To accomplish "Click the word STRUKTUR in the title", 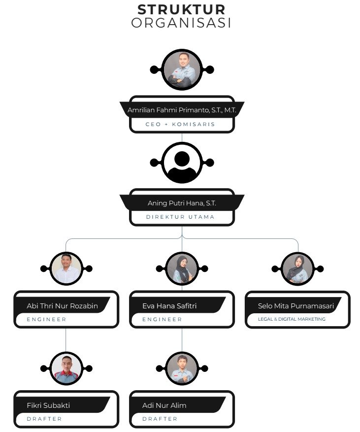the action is coord(182,10).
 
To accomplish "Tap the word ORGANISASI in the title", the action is coord(181,23).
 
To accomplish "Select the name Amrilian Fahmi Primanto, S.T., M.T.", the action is coord(182,110).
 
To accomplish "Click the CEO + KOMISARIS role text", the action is coord(180,124).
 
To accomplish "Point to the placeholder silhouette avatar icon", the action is coord(182,163).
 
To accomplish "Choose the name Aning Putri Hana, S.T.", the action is coord(182,203).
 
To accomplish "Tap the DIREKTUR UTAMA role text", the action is coord(180,217).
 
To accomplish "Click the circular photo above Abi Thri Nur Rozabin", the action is coord(66,268).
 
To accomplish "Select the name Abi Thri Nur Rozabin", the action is coord(62,306).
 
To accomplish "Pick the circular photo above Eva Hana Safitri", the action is coord(182,268).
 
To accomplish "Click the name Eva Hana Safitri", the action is coord(169,306).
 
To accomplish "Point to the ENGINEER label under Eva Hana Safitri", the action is coord(162,319).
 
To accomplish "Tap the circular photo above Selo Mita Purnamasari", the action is coord(298,268).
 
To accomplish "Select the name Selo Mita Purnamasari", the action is coord(296,306).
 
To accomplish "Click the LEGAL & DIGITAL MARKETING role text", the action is coord(292,319).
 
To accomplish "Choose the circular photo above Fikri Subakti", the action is coord(66,368).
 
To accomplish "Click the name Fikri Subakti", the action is coord(48,405).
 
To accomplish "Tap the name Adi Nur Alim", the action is coord(164,405).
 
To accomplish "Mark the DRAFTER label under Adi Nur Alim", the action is coord(160,419).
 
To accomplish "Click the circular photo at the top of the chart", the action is coord(182,70).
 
